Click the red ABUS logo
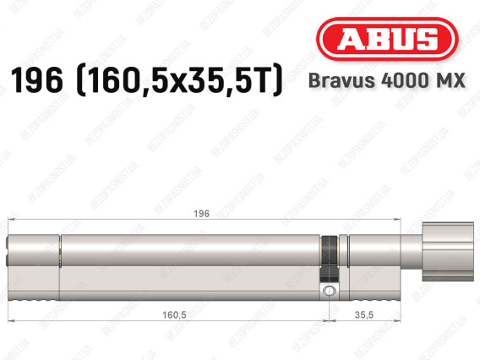pos(387,39)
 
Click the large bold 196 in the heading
pos(37,80)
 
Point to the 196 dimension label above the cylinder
pos(201,214)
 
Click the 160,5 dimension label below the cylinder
pos(174,314)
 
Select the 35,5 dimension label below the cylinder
pos(364,314)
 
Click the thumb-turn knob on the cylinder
pos(448,252)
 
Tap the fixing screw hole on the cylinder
pos(329,291)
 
